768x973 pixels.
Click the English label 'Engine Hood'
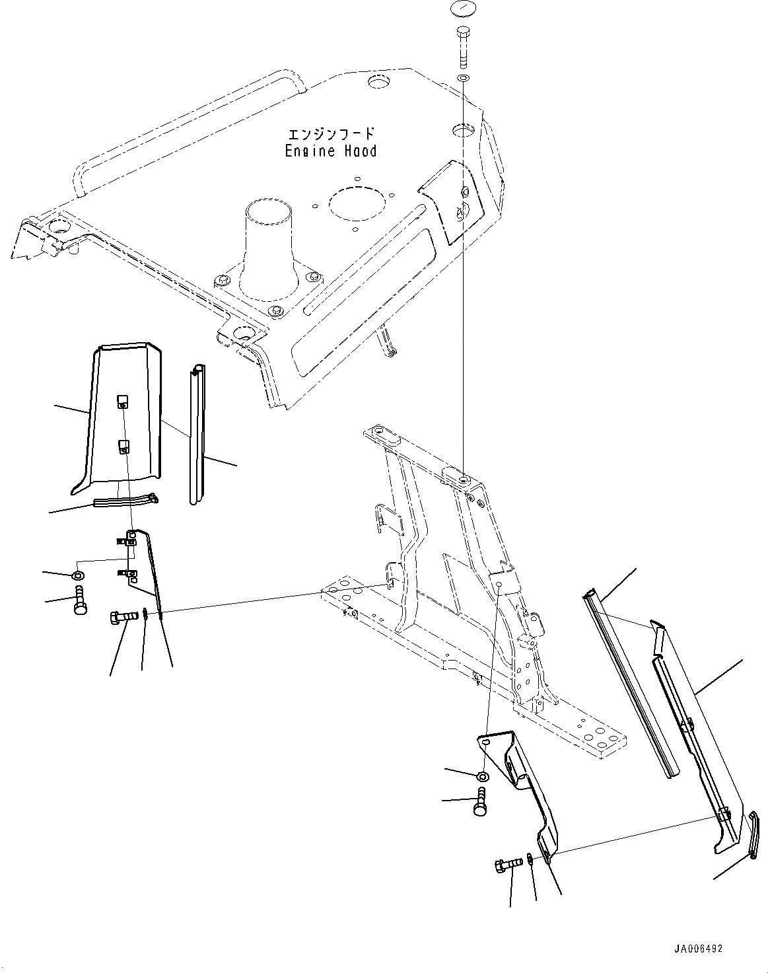(331, 151)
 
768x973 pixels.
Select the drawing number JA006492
(698, 949)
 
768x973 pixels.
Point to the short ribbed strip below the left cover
(125, 502)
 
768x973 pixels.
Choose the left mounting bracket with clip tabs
(142, 561)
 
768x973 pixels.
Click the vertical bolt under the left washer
(79, 599)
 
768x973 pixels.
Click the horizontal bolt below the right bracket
(506, 863)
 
